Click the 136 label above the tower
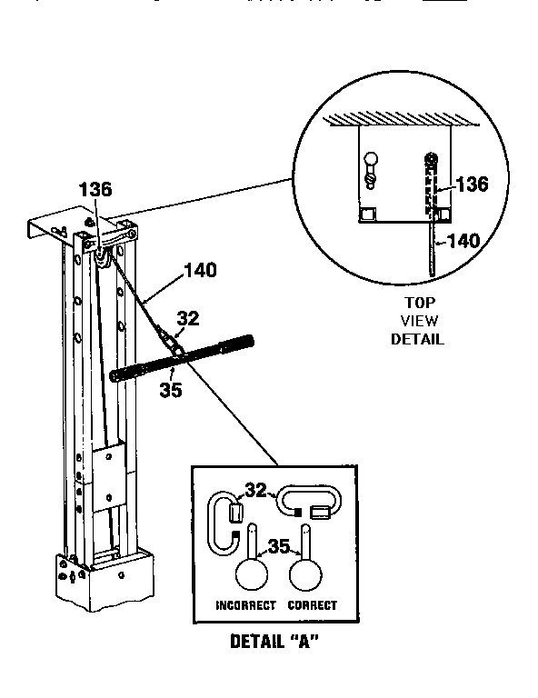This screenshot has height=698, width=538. [x=95, y=190]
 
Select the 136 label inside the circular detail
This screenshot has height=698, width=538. [x=471, y=184]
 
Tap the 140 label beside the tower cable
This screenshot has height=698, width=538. [x=200, y=270]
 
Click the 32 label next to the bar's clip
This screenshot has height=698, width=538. [x=187, y=318]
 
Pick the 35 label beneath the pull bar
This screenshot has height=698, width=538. [x=171, y=391]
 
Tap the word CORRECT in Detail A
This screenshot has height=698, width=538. [x=312, y=605]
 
